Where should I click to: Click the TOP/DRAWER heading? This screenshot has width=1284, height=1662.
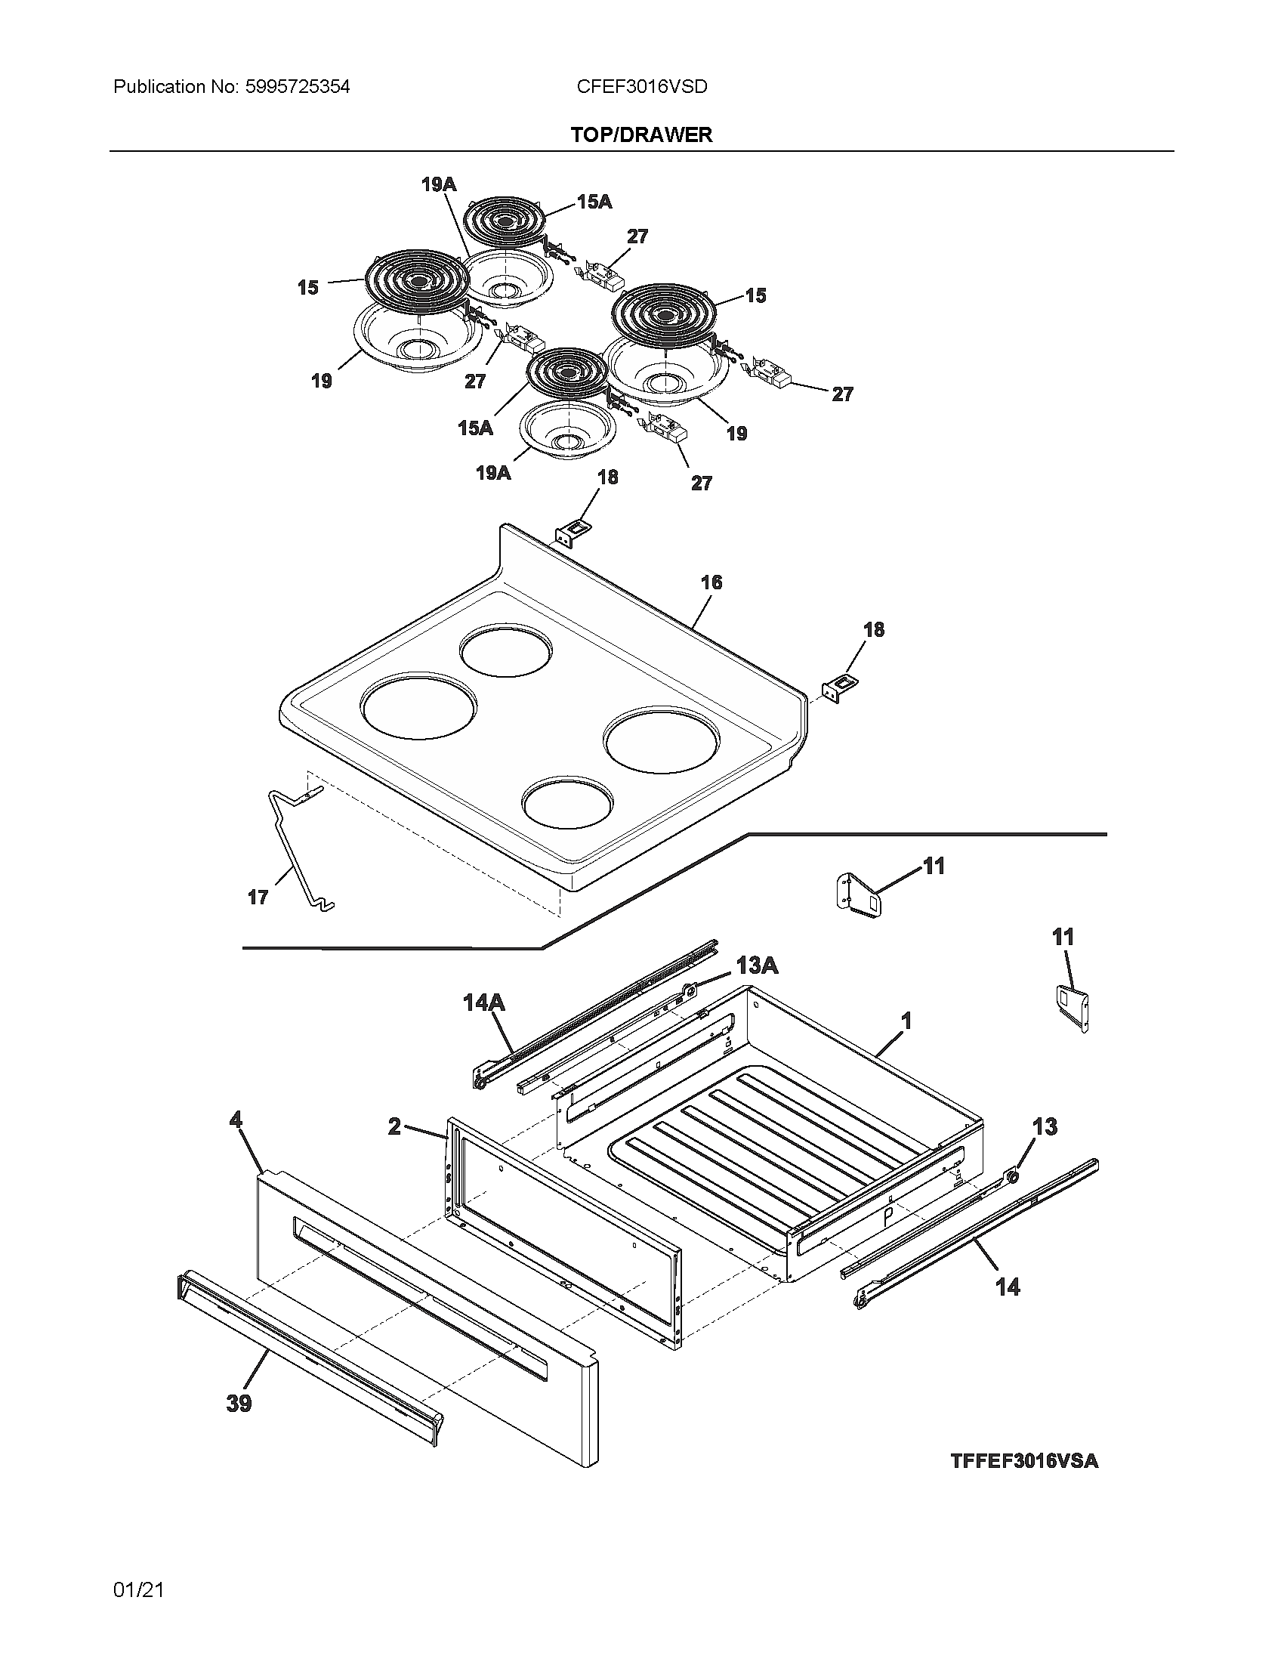pyautogui.click(x=641, y=134)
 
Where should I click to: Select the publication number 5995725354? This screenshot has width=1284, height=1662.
pyautogui.click(x=298, y=87)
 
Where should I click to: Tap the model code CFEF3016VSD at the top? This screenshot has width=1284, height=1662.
pyautogui.click(x=641, y=87)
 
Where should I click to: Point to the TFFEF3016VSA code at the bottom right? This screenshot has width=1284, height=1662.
pyautogui.click(x=1024, y=1460)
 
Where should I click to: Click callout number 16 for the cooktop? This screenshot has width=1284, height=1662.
pyautogui.click(x=711, y=582)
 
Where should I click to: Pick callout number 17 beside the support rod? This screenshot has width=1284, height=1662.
pyautogui.click(x=258, y=897)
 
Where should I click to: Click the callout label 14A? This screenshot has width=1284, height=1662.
pyautogui.click(x=484, y=1003)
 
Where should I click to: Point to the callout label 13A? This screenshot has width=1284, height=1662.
pyautogui.click(x=757, y=965)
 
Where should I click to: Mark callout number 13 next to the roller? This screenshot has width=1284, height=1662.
pyautogui.click(x=1045, y=1126)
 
